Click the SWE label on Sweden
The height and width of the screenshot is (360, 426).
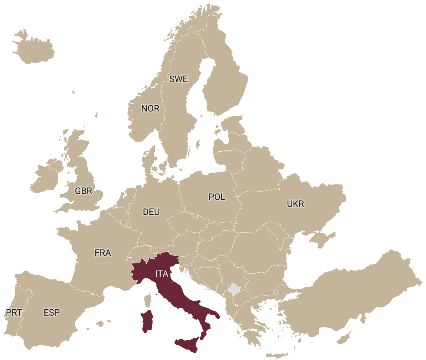coord(178,79)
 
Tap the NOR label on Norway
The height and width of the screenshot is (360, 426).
coord(150,108)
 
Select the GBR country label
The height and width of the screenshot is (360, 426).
coord(84,191)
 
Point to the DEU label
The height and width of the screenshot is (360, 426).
coord(152,212)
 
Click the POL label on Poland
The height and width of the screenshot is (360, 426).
coord(217,197)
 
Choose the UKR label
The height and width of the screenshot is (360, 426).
coord(295,203)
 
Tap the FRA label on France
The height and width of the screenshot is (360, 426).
coord(103,252)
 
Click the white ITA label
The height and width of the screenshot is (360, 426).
coord(162,274)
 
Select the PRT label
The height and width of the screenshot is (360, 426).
coord(14,312)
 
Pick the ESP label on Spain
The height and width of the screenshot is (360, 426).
coord(52,312)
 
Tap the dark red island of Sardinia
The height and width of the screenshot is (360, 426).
coord(147,321)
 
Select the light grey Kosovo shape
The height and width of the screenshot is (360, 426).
coord(234,289)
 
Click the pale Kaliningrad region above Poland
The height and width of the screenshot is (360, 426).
coord(217,170)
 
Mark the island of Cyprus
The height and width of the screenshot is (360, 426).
coord(344,338)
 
